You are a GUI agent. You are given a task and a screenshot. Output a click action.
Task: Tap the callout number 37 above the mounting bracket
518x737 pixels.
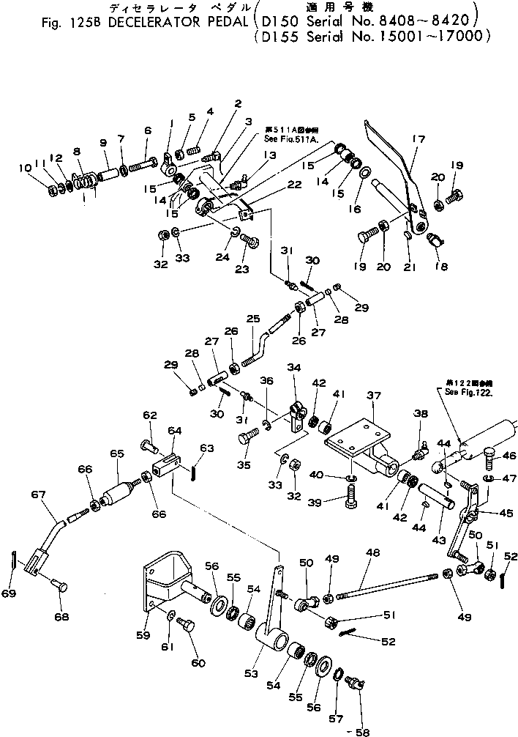click(x=374, y=396)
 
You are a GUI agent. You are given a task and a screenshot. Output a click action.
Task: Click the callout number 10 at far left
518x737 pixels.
click(x=25, y=168)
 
